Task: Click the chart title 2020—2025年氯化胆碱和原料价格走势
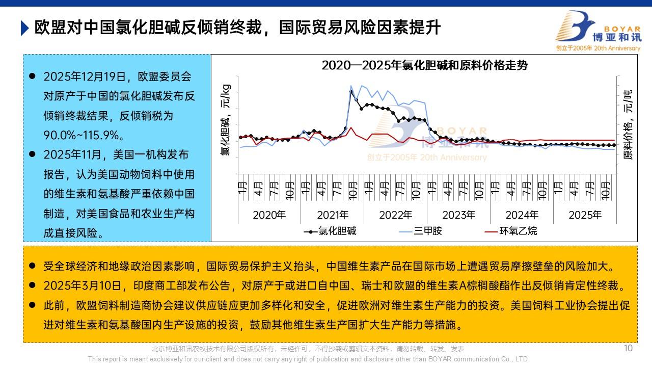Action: [424, 65]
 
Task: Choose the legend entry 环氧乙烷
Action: [518, 231]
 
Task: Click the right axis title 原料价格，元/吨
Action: [628, 125]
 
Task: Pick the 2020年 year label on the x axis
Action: [269, 215]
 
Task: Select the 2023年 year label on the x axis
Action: [458, 215]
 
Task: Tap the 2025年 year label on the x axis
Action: [585, 215]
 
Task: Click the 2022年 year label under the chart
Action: [395, 215]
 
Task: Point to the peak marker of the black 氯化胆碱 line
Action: [351, 92]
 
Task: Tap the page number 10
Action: [628, 348]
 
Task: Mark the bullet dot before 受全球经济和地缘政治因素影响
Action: [32, 266]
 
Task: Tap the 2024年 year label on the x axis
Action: [522, 215]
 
